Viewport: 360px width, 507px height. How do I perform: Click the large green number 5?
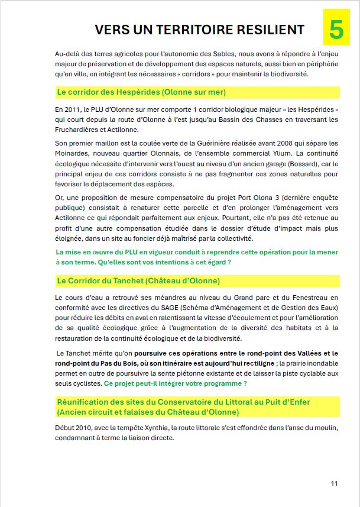[336, 30]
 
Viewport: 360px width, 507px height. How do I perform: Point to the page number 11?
[334, 483]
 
